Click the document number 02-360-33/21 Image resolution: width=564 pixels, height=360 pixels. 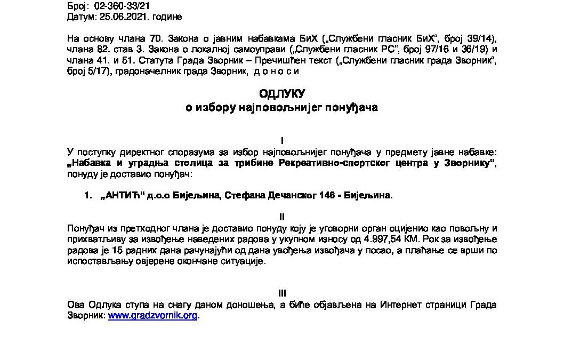120,6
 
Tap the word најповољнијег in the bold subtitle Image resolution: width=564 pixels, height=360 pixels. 281,108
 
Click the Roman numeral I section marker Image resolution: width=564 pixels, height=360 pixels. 282,141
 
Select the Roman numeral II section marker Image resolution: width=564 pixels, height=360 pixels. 282,217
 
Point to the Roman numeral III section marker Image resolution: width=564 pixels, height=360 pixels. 282,293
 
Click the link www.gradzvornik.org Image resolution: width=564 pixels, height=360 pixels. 153,316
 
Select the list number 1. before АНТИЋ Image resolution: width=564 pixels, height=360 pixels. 88,196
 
